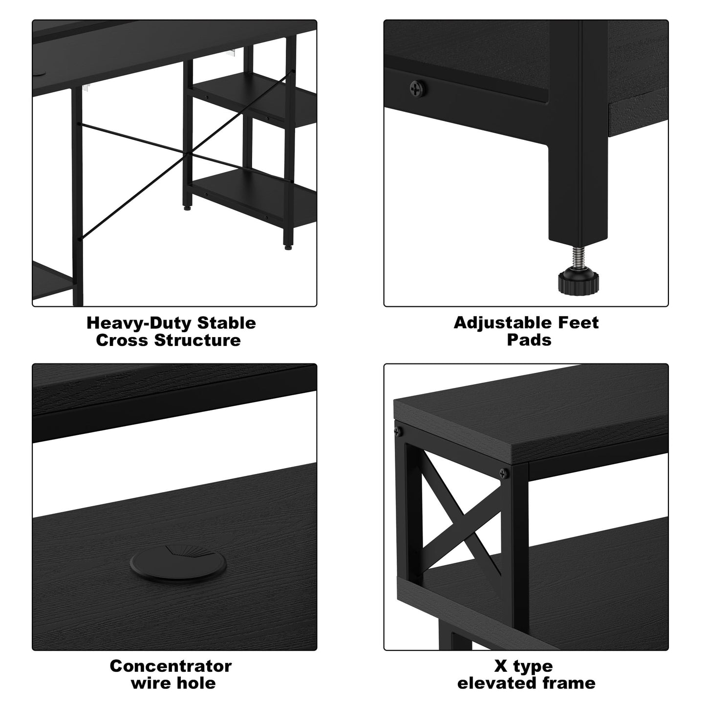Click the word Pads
(529, 340)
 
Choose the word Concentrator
(171, 666)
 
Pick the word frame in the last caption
(570, 683)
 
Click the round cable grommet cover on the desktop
(178, 563)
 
